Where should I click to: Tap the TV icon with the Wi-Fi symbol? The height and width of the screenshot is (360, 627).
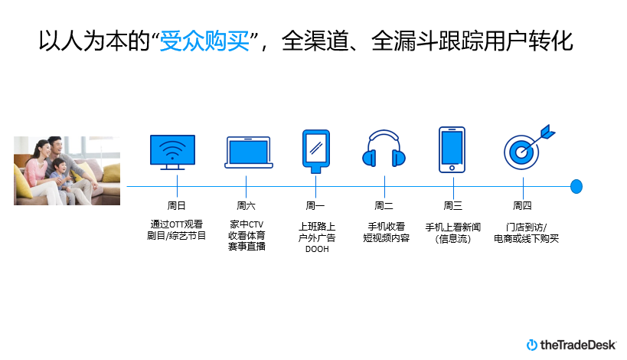tap(171, 152)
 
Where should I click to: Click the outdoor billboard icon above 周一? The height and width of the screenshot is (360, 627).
tap(315, 150)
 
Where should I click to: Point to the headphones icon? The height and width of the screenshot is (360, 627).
tap(384, 149)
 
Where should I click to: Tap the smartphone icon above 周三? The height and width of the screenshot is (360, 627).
tap(452, 149)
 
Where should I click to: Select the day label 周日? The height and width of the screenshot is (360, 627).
tap(177, 205)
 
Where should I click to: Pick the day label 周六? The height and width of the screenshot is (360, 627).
tap(246, 205)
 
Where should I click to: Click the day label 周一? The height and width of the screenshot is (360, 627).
tap(315, 205)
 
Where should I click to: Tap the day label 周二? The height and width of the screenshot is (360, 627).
tap(384, 205)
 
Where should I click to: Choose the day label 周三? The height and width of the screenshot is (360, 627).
tap(452, 205)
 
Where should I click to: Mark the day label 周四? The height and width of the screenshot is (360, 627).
tap(522, 205)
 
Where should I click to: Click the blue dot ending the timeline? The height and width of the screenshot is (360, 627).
tap(576, 186)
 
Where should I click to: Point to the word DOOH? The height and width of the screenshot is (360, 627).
tap(316, 250)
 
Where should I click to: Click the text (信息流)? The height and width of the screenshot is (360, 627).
tap(452, 239)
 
